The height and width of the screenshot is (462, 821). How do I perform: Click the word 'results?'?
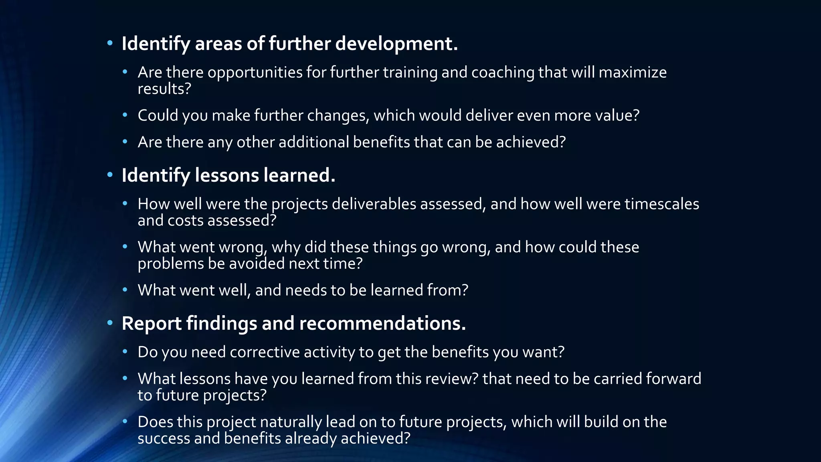(164, 89)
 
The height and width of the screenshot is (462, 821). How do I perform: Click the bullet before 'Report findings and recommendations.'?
(110, 322)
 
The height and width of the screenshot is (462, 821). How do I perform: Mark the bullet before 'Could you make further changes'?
(125, 115)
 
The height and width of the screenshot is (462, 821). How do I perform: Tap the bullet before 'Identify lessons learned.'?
(110, 174)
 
